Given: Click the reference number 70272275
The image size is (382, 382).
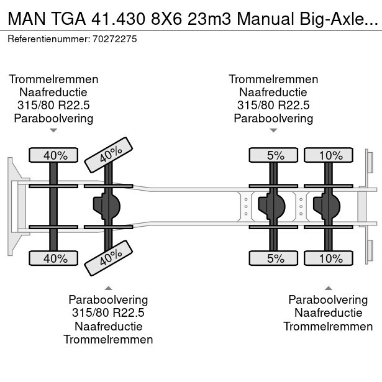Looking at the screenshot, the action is [x=115, y=39].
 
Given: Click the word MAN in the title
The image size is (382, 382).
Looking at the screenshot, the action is [x=27, y=19].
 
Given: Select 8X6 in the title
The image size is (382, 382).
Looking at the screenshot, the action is [x=166, y=19].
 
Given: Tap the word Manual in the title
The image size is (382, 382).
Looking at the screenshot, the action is [x=266, y=19].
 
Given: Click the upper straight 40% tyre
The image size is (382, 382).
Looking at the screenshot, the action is [x=53, y=155].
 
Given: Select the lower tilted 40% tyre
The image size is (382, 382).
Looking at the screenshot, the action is [x=109, y=258].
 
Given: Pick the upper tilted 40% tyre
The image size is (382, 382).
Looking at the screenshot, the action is [x=109, y=155].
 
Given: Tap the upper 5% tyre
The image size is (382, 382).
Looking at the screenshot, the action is [x=273, y=155].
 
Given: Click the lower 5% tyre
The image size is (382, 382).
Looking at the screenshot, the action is [x=273, y=258].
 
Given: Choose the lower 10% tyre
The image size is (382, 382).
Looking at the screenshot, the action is [x=329, y=258].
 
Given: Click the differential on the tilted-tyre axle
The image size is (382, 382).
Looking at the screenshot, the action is [x=107, y=206].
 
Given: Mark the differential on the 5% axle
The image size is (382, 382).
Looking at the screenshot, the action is [x=271, y=206].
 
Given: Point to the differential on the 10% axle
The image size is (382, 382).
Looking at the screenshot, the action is [x=327, y=206].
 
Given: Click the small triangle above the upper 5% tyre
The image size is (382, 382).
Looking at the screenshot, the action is [x=273, y=130].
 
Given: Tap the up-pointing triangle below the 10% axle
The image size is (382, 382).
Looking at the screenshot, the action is [x=329, y=288].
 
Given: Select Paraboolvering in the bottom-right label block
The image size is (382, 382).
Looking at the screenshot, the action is [x=328, y=299].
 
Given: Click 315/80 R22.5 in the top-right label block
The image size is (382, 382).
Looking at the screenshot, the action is [x=273, y=105].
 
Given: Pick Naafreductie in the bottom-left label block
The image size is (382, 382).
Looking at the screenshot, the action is [x=109, y=326].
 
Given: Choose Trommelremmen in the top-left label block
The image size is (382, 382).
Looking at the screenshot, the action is [x=53, y=79].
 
